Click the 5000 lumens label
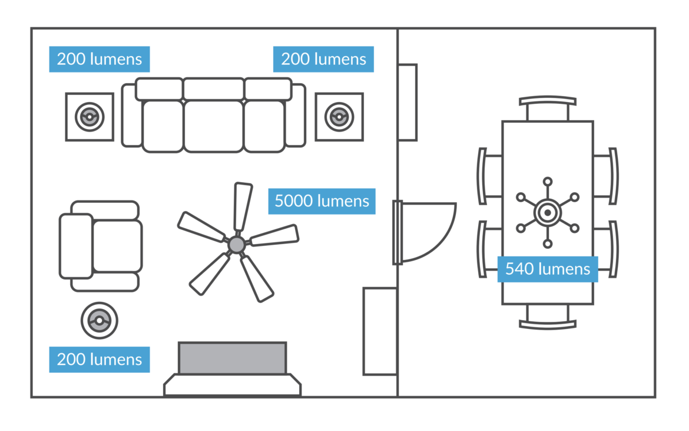coord(322,201)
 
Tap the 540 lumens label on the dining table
coord(548,269)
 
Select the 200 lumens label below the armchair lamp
coord(100,359)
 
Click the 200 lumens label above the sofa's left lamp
coord(100,59)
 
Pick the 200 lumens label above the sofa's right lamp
coord(323,59)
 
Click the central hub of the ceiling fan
coord(237,244)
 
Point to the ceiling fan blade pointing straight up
coord(242,206)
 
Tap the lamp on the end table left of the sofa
coord(90,117)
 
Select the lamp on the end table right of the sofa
coord(339,117)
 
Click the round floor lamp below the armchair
coord(99,321)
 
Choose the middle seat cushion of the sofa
coord(213,126)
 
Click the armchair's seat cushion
coord(117,246)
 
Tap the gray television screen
coord(233,358)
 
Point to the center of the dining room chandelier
coord(548,212)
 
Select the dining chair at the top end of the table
coord(548,108)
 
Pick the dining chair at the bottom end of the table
coord(548,317)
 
